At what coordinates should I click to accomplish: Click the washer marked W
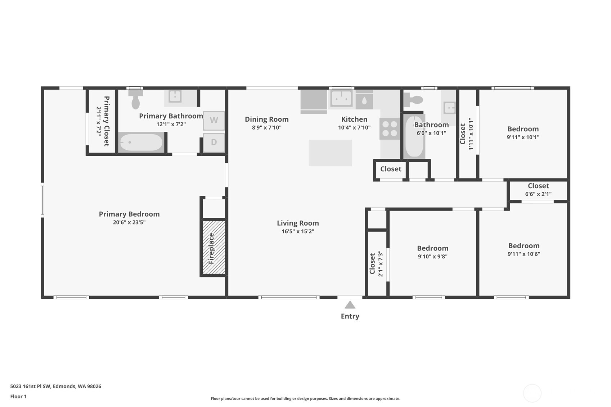pos(214,120)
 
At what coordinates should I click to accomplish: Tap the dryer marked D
pos(214,142)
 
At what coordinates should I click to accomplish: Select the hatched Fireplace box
pos(214,248)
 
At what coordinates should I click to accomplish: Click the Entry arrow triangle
pos(350,305)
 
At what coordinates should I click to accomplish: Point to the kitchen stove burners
pos(390,128)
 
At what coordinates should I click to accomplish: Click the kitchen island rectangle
pos(330,153)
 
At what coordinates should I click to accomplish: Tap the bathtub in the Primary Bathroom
pos(141,143)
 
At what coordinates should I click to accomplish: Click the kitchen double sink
pos(341,98)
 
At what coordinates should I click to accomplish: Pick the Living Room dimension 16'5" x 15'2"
pos(298,231)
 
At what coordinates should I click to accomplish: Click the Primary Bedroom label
pos(129,214)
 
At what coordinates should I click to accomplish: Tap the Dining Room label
pos(266,119)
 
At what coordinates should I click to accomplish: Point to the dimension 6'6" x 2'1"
pos(538,194)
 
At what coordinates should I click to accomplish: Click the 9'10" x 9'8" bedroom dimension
pos(432,257)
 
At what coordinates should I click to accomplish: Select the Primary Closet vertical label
pos(107,121)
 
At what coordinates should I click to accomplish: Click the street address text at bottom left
pos(55,386)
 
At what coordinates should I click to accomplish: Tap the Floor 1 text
pos(18,396)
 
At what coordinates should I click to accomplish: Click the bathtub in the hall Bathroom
pos(414,137)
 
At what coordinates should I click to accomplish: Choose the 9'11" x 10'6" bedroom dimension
pos(524,254)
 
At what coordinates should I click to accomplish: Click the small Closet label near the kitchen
pos(391,169)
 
